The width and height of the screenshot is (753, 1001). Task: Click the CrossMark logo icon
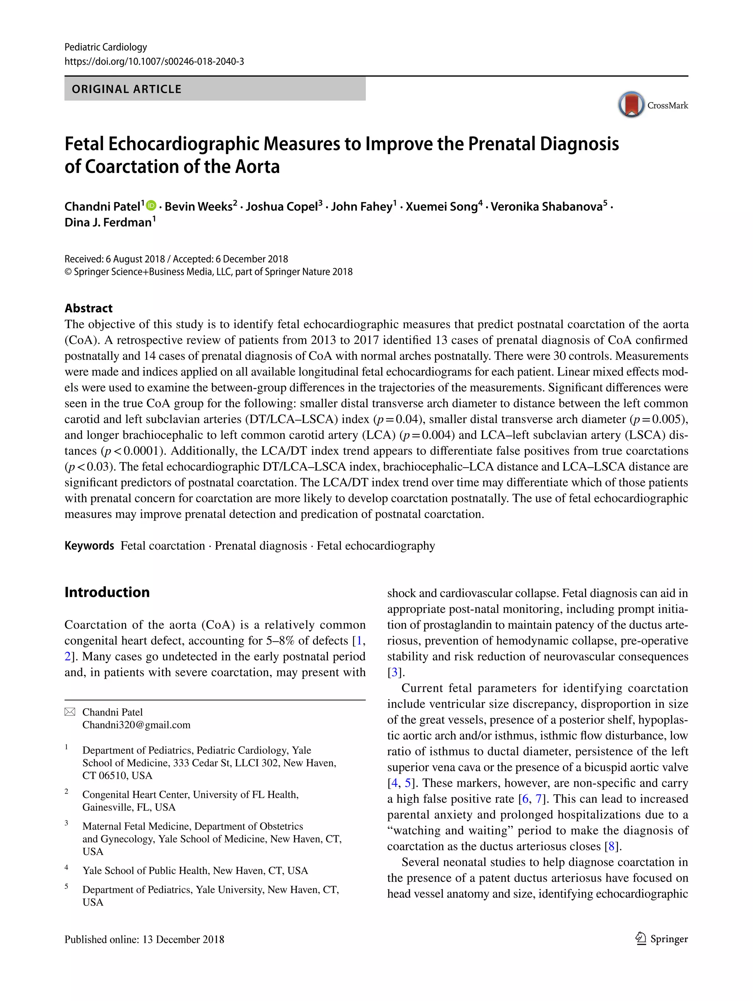pyautogui.click(x=631, y=104)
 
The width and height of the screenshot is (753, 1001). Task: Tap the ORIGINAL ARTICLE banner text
pyautogui.click(x=126, y=89)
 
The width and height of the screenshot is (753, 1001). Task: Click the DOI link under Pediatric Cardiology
pyautogui.click(x=154, y=61)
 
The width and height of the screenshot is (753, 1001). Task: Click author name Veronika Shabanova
pyautogui.click(x=546, y=207)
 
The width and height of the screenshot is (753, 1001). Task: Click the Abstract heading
pyautogui.click(x=89, y=308)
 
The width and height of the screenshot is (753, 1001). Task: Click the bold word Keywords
pyautogui.click(x=89, y=546)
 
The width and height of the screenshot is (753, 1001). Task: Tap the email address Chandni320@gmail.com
pyautogui.click(x=136, y=725)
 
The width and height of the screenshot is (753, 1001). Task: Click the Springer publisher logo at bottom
pyautogui.click(x=661, y=939)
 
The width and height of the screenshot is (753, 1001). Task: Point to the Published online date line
pyautogui.click(x=144, y=940)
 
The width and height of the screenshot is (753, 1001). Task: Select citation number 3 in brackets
pyautogui.click(x=395, y=672)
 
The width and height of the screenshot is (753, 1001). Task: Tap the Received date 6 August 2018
pyautogui.click(x=135, y=259)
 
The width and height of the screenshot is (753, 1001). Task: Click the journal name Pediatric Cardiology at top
pyautogui.click(x=106, y=47)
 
